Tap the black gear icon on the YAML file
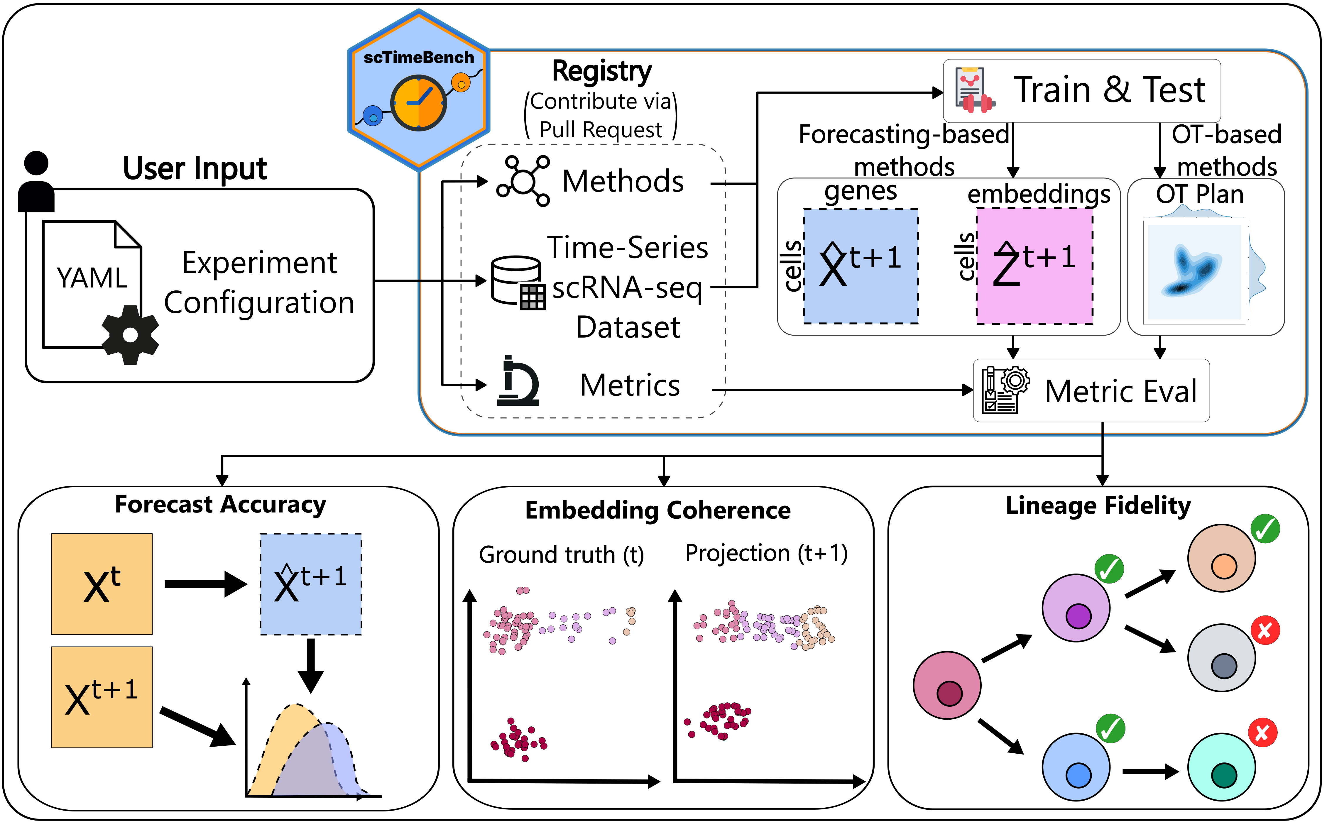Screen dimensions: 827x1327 [x=130, y=335]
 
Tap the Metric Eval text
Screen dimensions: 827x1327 [x=1120, y=392]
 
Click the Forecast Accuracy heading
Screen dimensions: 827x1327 [x=220, y=504]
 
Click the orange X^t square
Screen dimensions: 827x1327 [x=102, y=584]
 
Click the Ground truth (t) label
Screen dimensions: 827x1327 [x=561, y=555]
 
